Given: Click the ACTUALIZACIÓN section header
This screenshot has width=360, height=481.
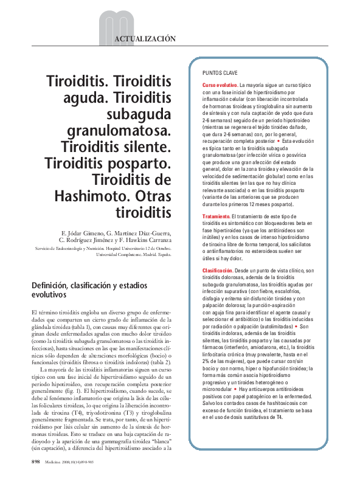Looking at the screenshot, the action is click(x=145, y=38).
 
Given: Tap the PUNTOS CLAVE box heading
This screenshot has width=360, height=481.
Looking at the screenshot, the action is click(x=220, y=71).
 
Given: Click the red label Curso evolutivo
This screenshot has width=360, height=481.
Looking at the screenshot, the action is click(x=220, y=85).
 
